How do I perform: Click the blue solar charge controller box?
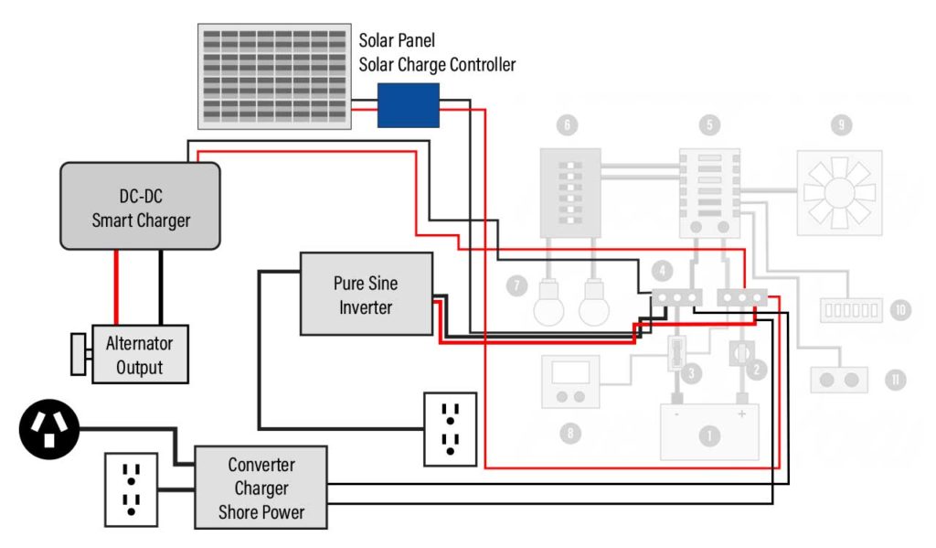point(408,104)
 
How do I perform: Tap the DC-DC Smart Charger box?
point(140,206)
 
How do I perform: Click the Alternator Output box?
point(140,355)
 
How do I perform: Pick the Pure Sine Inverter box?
point(366,294)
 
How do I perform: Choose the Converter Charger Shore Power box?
point(261,488)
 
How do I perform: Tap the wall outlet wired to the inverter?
point(450,428)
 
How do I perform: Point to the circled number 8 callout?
point(571,434)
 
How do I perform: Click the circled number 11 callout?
point(896,379)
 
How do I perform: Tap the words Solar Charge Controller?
point(437,65)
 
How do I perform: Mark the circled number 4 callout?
point(661,272)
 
